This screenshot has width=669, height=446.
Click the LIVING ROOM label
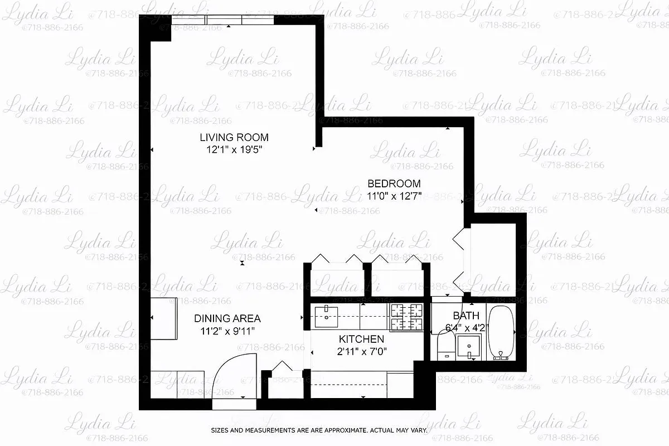click(x=234, y=137)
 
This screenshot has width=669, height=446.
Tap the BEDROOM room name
click(x=394, y=183)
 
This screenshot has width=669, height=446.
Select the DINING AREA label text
click(x=227, y=319)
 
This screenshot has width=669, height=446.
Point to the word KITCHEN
click(x=361, y=339)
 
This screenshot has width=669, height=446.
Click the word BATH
click(x=466, y=316)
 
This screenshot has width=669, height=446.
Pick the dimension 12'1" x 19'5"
click(x=234, y=149)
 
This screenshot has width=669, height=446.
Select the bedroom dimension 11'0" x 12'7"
click(x=394, y=196)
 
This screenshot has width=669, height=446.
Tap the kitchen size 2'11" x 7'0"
click(x=361, y=351)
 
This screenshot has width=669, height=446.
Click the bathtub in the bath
click(x=502, y=333)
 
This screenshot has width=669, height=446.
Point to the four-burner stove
click(x=406, y=317)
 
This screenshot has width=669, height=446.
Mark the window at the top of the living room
click(x=223, y=20)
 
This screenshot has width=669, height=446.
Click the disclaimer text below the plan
click(x=319, y=430)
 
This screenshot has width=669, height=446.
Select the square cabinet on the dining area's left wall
click(x=164, y=318)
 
